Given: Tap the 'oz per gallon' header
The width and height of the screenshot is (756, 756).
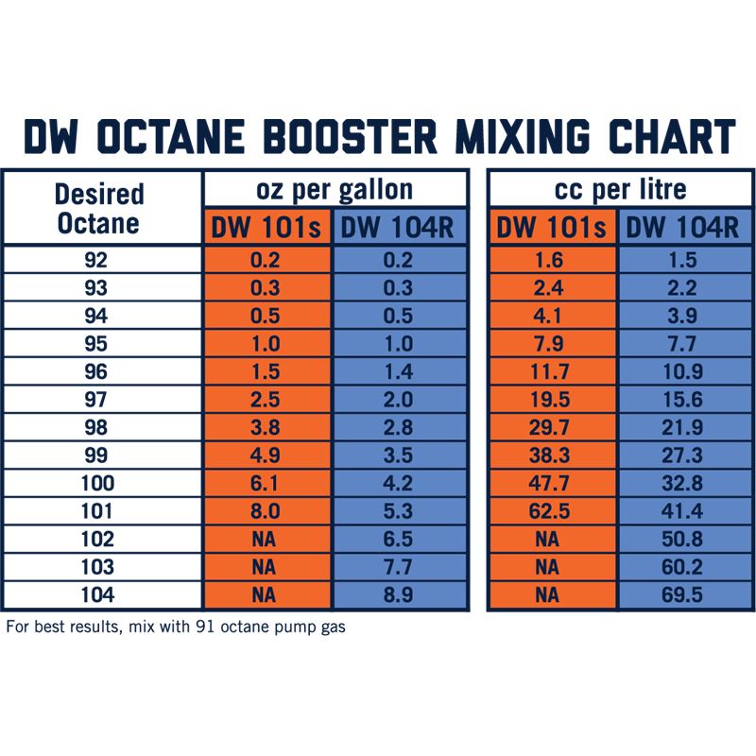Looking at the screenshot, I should pos(335,189).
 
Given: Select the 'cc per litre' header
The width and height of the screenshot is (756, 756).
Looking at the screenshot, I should pos(620,189).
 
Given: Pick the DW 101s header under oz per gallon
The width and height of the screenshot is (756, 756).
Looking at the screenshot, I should pos(266,228).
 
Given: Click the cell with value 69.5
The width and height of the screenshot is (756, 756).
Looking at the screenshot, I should pos(685,596).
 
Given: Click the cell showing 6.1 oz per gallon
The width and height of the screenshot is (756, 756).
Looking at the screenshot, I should pos(266,484).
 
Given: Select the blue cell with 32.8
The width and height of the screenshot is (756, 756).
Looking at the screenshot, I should pos(685,484).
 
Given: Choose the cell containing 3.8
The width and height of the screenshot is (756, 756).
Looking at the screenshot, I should pos(266,428).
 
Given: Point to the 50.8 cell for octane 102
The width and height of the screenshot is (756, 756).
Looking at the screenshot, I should pos(685,540).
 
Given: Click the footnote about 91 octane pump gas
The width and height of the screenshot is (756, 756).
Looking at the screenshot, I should pos(176,627).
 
